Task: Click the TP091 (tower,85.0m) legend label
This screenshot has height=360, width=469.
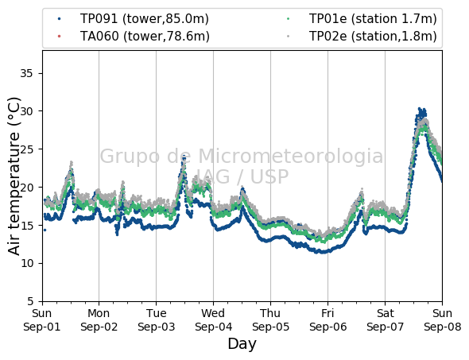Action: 145,19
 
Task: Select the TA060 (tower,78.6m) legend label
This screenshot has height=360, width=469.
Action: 145,37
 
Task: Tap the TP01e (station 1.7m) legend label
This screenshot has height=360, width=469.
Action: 373,19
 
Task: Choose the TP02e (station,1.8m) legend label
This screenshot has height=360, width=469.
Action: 373,37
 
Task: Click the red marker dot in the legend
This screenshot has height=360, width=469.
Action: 60,37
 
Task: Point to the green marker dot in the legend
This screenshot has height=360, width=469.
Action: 288,19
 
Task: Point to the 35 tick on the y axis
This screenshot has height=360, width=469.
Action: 26,73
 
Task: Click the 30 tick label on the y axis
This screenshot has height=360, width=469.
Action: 26,111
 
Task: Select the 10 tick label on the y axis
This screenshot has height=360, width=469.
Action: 26,263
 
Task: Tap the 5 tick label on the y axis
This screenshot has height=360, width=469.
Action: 30,301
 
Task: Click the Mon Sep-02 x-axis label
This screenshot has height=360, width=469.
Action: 99,320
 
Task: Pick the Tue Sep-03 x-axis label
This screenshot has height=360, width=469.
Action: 156,320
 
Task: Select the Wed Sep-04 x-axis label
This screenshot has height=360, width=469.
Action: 213,320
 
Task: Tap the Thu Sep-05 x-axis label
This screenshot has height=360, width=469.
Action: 270,320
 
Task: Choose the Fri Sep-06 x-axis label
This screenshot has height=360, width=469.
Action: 328,320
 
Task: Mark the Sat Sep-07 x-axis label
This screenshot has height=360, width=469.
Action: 385,320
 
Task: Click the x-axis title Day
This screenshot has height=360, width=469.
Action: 242,344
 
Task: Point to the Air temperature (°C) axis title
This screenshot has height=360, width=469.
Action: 14,176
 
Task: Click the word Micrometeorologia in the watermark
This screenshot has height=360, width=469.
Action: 290,157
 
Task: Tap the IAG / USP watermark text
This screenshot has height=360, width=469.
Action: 242,176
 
